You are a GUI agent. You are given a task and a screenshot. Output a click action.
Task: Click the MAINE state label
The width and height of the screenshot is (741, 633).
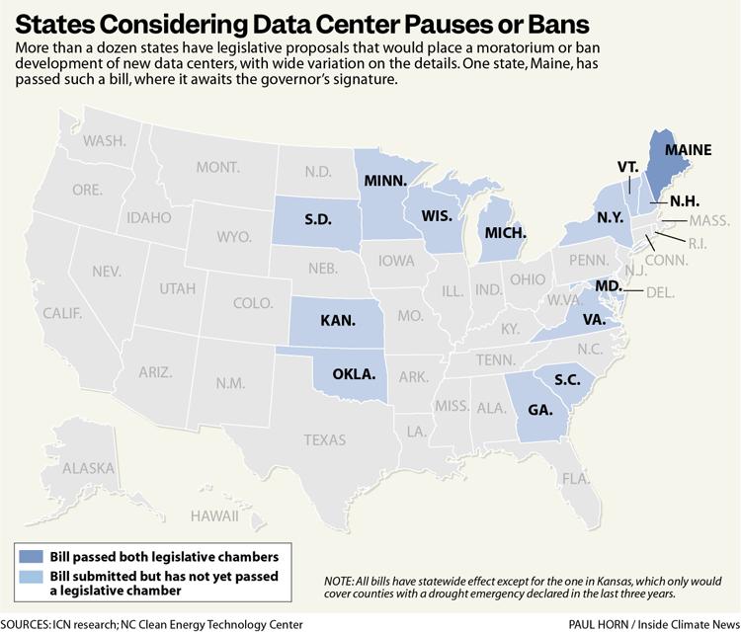point(688,151)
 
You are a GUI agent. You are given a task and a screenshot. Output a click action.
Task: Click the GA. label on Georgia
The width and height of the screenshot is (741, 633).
point(539,410)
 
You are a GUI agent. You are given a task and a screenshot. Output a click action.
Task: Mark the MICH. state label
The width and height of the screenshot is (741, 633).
point(505,234)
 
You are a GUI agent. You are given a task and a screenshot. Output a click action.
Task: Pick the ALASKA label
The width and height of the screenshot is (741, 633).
point(88,469)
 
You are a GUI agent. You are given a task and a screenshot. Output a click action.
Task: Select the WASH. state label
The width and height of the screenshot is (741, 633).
point(105,141)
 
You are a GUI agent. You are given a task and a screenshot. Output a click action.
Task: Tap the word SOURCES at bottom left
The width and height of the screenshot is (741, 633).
point(30,624)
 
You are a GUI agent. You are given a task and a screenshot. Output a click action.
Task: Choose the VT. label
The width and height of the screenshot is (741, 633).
point(628,167)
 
